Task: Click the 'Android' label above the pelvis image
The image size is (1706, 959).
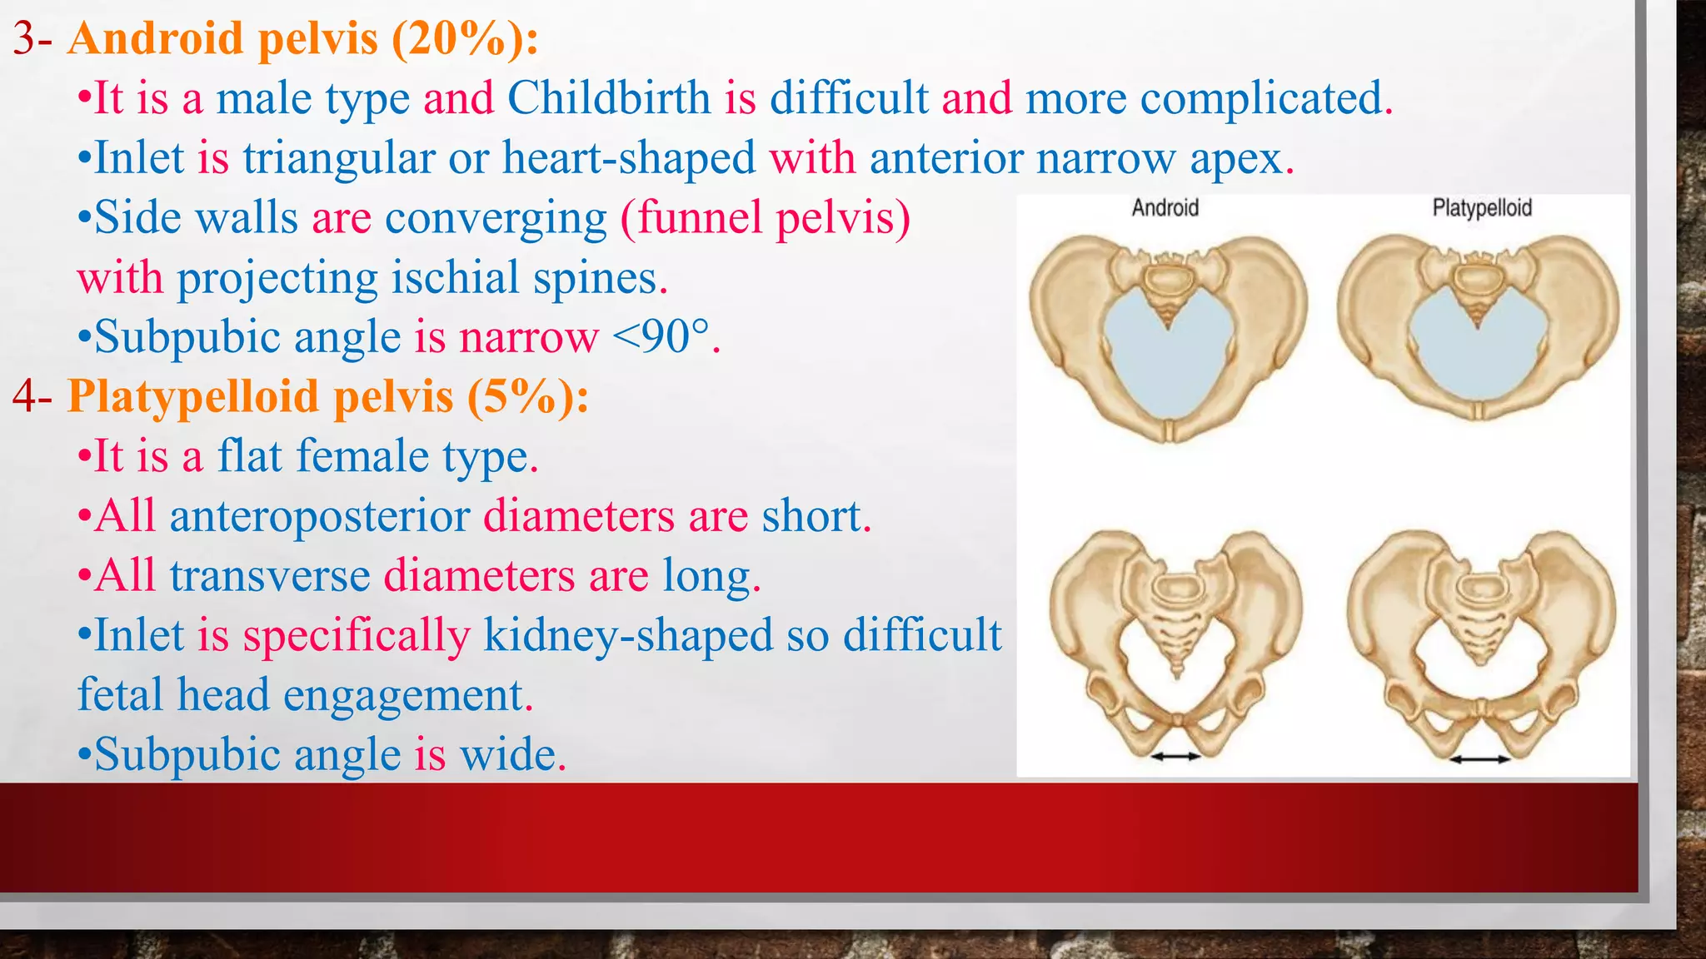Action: pos(1165,208)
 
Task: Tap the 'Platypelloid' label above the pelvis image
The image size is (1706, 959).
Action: pos(1482,208)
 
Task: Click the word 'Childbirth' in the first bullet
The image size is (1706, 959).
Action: pos(608,98)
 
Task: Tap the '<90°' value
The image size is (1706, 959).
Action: pos(662,337)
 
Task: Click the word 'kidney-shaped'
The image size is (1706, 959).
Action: pos(629,635)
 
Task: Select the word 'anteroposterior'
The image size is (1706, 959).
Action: pos(320,516)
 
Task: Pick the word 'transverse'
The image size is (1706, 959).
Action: pos(270,576)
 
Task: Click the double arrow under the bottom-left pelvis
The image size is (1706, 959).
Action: pos(1175,756)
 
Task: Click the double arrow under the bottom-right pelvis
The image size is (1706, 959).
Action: pos(1479,758)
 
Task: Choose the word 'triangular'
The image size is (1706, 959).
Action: pos(339,158)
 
